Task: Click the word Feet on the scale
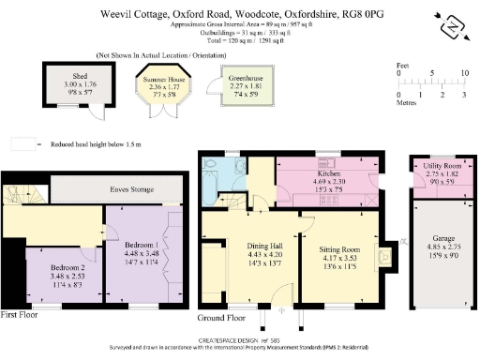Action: pos(403,66)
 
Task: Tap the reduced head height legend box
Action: pos(22,145)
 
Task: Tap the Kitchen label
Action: pos(330,174)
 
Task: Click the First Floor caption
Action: pos(21,313)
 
